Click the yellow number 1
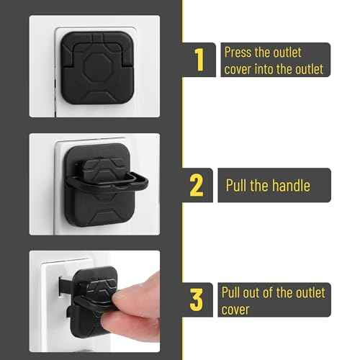pos(199,60)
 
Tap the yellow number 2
pos(196,186)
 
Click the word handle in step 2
pos(289,186)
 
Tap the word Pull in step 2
pos(238,186)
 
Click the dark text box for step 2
pos(274,186)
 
